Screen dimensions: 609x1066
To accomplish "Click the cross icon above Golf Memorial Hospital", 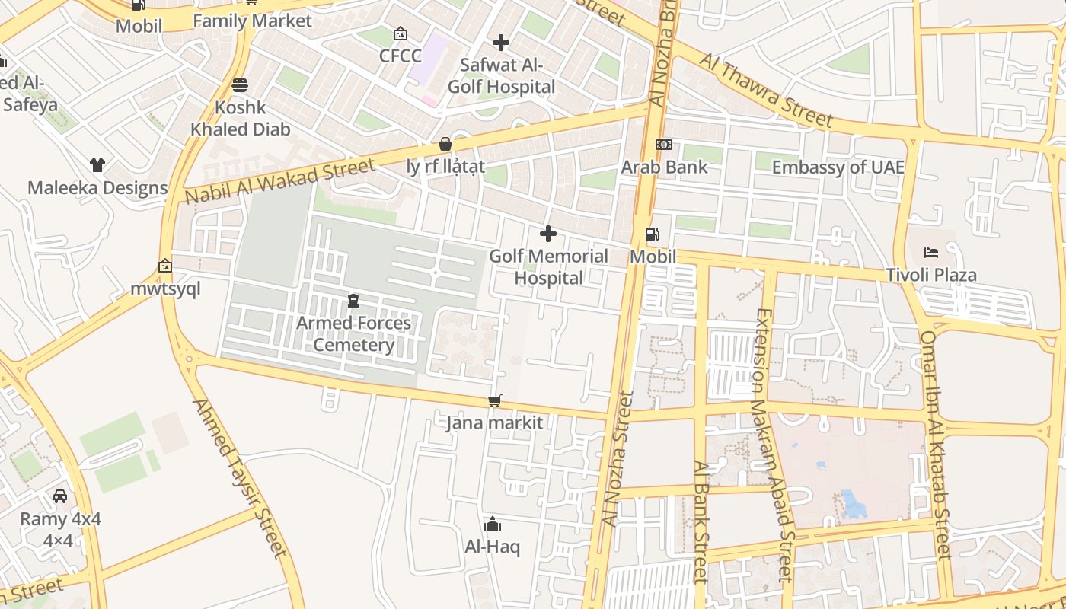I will tap(547, 234).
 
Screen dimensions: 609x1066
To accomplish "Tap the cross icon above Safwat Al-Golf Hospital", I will tap(500, 43).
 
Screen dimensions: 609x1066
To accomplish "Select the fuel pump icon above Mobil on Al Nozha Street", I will tap(652, 234).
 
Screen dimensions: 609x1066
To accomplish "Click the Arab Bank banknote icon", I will tap(664, 145).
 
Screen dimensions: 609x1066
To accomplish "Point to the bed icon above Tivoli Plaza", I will tap(930, 252).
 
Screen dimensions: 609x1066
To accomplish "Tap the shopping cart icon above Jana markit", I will tap(495, 400).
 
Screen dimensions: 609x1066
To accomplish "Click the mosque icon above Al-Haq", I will tap(493, 524).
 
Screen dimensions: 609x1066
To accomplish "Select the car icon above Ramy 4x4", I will tap(60, 496).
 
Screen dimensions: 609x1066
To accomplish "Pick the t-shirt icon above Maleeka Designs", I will tap(97, 164).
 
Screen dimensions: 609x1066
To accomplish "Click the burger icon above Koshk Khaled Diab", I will tap(240, 84).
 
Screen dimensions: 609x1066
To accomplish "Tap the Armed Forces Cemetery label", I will tap(353, 333).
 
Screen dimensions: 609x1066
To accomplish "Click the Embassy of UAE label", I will tap(838, 167).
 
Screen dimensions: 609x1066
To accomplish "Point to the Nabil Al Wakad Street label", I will tap(280, 181).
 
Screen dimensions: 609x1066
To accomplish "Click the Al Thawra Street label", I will tap(766, 91).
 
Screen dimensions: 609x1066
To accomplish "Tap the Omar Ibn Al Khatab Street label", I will tap(937, 445).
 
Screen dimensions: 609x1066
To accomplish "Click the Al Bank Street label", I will tap(701, 521).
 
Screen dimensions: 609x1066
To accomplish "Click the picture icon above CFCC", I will tap(400, 33).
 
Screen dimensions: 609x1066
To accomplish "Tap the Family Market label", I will tap(252, 21).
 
